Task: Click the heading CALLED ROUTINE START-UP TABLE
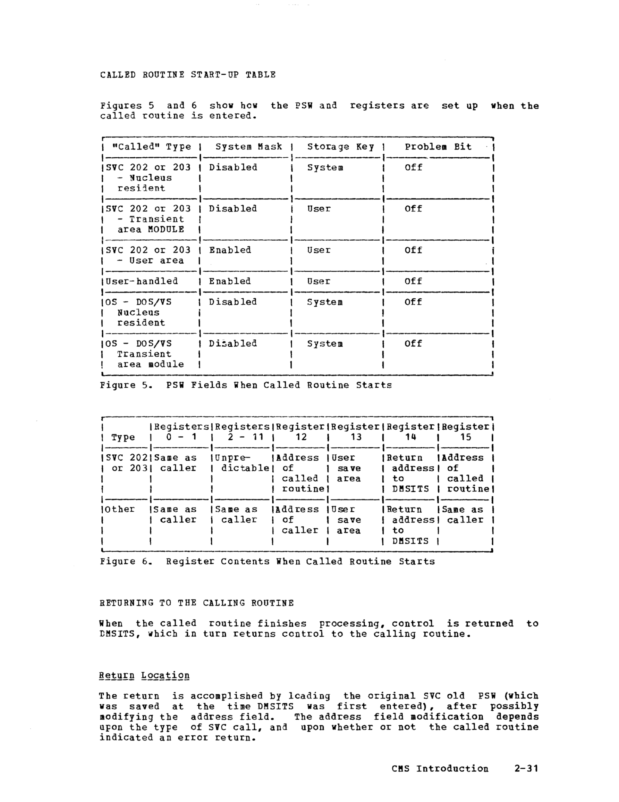(x=187, y=75)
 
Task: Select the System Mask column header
(x=248, y=147)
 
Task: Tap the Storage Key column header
(x=340, y=147)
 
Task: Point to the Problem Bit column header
(x=438, y=147)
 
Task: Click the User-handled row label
(x=142, y=281)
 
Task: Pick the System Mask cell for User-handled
(x=230, y=281)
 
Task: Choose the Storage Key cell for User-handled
(x=319, y=281)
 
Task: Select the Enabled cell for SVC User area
(x=230, y=250)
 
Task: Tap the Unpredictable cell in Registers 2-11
(x=242, y=463)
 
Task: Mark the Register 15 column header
(x=466, y=431)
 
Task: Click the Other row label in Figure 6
(x=120, y=509)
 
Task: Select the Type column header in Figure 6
(x=123, y=437)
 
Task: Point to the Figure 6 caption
(x=267, y=562)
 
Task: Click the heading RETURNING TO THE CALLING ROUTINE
(x=196, y=603)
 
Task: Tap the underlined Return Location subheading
(x=144, y=675)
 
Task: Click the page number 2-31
(x=526, y=769)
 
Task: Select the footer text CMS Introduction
(x=440, y=769)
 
